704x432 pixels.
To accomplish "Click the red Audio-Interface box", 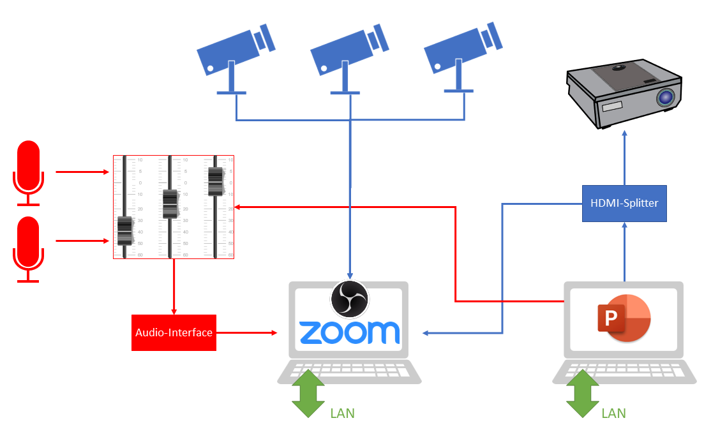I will pyautogui.click(x=174, y=332).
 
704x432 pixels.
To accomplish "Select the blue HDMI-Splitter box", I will pyautogui.click(x=624, y=204).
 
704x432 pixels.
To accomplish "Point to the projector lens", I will pyautogui.click(x=665, y=98).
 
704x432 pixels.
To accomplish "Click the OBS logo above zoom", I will pyautogui.click(x=350, y=299).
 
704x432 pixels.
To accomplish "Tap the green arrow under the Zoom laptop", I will pyautogui.click(x=308, y=393).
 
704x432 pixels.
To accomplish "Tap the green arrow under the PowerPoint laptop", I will pyautogui.click(x=583, y=393).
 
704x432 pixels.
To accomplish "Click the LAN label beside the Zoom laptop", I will pyautogui.click(x=342, y=413).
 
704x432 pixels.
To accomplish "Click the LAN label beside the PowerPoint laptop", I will pyautogui.click(x=613, y=413).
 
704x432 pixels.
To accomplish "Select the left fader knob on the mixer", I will pyautogui.click(x=124, y=230).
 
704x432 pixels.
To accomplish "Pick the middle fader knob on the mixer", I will pyautogui.click(x=170, y=204).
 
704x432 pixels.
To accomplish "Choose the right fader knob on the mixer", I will pyautogui.click(x=215, y=181).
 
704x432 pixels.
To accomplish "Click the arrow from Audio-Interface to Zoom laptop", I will pyautogui.click(x=246, y=332).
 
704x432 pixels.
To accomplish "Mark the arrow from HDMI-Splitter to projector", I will pyautogui.click(x=624, y=157).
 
